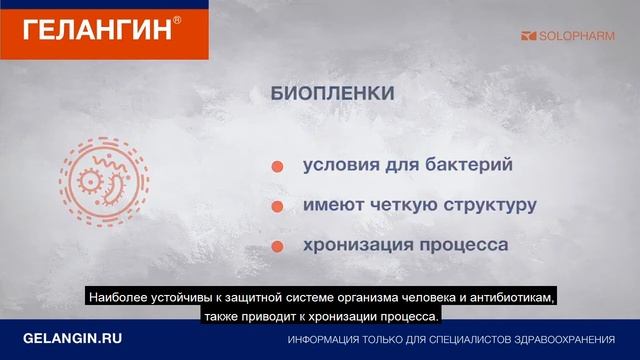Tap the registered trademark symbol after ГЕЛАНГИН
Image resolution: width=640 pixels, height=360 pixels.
coord(177,16)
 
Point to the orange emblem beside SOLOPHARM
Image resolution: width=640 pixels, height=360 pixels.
coord(529,36)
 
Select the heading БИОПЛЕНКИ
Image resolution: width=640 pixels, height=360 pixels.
coord(332,94)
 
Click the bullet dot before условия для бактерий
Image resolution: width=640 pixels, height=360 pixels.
coord(277,167)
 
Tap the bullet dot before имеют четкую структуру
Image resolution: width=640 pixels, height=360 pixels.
coord(277,207)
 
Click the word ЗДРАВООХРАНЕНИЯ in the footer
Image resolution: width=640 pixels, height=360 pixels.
coord(564,341)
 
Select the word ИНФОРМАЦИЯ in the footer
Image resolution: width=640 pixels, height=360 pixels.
coord(328,341)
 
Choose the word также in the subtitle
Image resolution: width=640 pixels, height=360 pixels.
coord(227,317)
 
